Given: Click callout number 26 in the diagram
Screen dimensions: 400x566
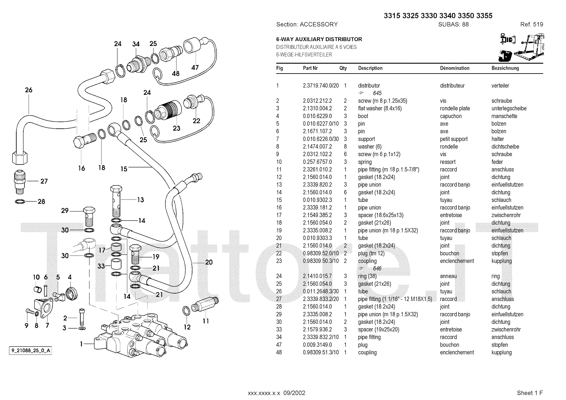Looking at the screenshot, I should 29,90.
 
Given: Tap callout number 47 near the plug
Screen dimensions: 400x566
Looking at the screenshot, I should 195,67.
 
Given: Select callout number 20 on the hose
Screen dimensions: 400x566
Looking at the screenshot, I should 209,262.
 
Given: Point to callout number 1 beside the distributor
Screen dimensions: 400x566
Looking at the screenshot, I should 82,343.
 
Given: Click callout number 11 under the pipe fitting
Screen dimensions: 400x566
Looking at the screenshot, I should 206,321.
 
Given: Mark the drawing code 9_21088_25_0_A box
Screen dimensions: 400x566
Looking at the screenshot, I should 30,351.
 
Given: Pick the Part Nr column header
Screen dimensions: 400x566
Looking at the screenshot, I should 310,68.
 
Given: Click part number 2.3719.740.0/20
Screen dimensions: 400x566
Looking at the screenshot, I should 320,86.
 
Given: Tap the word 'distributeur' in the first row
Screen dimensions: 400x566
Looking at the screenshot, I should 452,86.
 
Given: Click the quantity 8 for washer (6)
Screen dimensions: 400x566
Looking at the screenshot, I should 345,146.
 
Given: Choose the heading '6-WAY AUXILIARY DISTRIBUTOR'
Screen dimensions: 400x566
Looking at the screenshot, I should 319,39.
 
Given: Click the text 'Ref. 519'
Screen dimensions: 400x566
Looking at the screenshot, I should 531,24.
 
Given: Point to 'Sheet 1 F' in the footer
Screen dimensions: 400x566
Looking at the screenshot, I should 530,393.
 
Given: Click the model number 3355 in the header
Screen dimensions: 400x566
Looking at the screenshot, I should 484,16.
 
